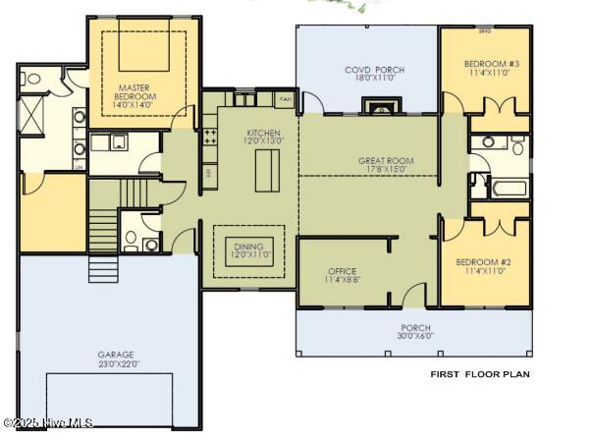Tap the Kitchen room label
pos(264,137)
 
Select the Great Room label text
pos(385,164)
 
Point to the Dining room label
pos(249,250)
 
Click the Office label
pos(342,274)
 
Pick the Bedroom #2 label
pos(480,266)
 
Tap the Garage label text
pos(115,359)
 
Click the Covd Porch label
pos(374,74)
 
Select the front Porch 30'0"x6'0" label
pos(415,332)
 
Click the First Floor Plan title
pos(480,374)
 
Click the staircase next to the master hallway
pos(103,228)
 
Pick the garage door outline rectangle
pos(109,400)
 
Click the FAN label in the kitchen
pos(286,100)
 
